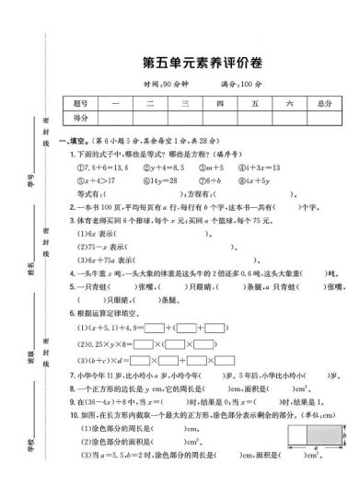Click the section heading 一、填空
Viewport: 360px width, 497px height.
point(71,140)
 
